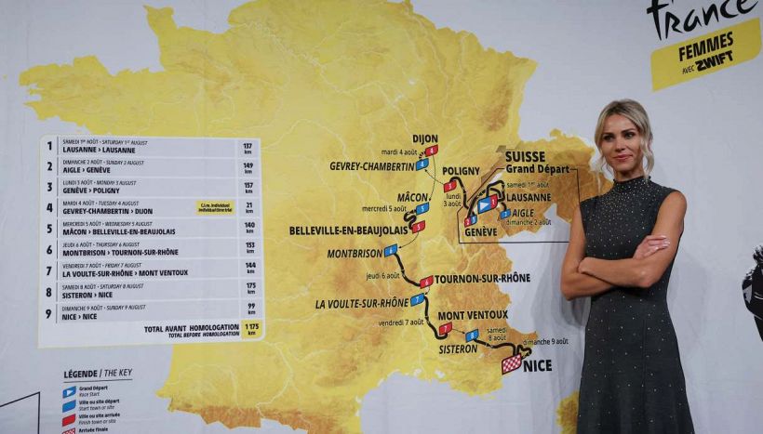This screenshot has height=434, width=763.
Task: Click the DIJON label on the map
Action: (x=424, y=138)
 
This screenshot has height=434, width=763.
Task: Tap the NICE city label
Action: (x=537, y=365)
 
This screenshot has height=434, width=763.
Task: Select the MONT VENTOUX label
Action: (x=473, y=315)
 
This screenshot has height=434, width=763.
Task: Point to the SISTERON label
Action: (x=458, y=349)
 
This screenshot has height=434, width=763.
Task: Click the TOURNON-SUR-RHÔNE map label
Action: (x=482, y=278)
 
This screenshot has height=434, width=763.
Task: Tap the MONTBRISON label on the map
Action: (x=355, y=253)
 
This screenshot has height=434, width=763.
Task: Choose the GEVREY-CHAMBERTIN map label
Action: (x=371, y=166)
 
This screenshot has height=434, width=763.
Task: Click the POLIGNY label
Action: (x=461, y=171)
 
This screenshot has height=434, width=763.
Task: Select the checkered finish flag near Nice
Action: (x=512, y=363)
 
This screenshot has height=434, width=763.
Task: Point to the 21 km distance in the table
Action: (x=248, y=207)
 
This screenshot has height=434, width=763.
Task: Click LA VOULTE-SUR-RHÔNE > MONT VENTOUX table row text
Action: (x=125, y=272)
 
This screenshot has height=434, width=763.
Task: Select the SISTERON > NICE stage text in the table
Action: (x=90, y=294)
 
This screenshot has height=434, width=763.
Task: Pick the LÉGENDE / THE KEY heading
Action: (x=98, y=374)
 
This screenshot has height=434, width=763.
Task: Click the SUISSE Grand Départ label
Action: (x=538, y=163)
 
